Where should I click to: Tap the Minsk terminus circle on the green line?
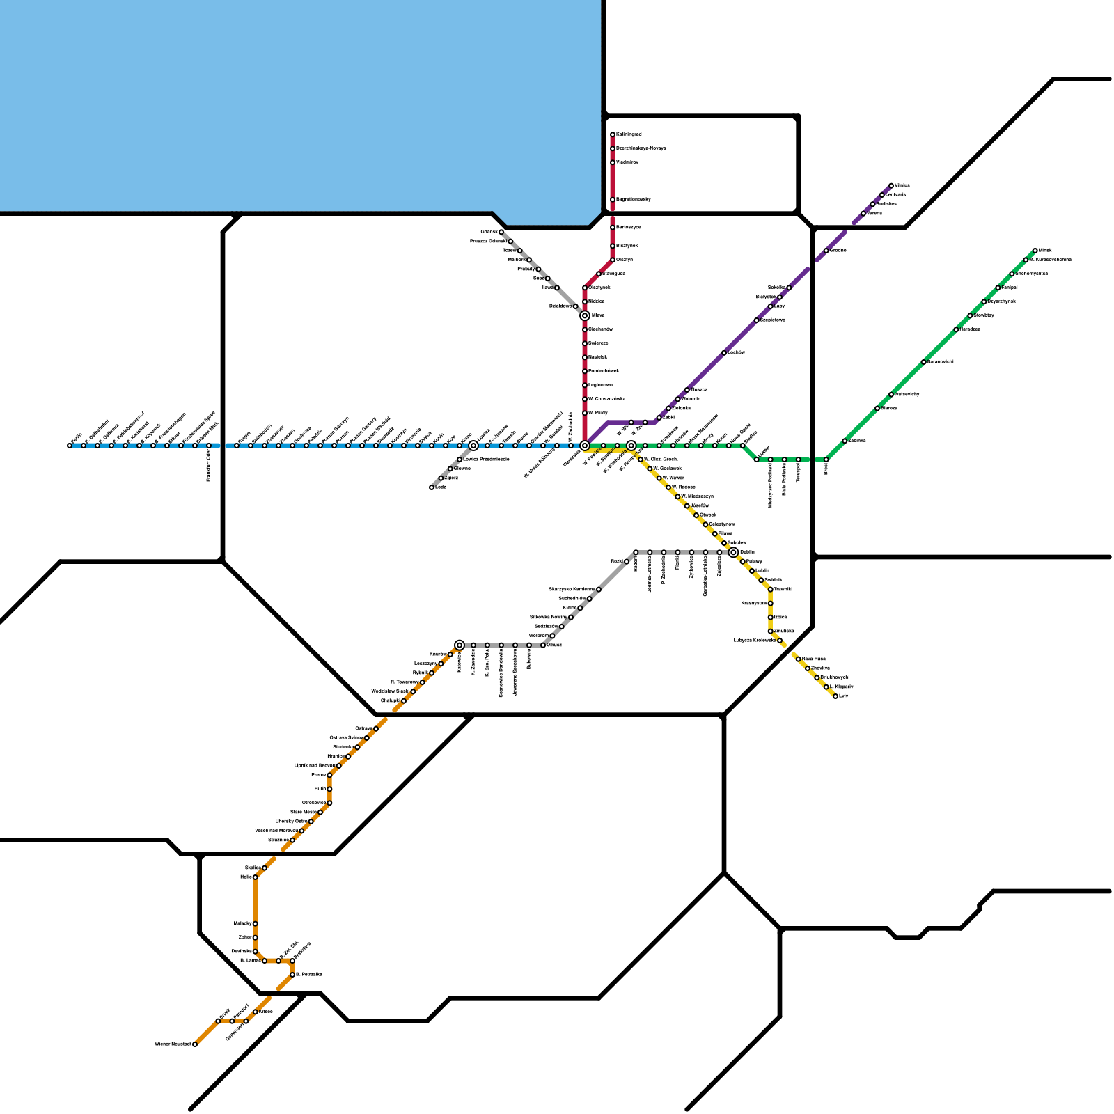(x=1035, y=251)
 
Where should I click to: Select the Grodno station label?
(x=838, y=250)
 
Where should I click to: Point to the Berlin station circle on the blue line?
(x=70, y=446)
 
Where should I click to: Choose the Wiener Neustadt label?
(x=172, y=1044)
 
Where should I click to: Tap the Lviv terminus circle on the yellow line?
(x=835, y=696)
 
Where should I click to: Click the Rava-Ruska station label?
(x=814, y=658)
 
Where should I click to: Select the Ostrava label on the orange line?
(x=363, y=728)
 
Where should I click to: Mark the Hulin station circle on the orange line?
(x=329, y=789)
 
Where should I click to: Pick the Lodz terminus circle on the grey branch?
(x=432, y=487)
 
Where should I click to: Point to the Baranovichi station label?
(x=941, y=361)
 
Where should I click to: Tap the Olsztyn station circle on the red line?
(x=613, y=260)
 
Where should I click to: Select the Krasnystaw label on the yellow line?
(x=754, y=603)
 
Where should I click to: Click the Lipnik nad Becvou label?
(x=315, y=765)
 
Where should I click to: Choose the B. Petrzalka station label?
(x=309, y=974)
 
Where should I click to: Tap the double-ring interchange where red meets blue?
(x=585, y=446)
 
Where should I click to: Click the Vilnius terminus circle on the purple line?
(x=891, y=186)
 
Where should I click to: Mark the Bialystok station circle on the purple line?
(x=780, y=297)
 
